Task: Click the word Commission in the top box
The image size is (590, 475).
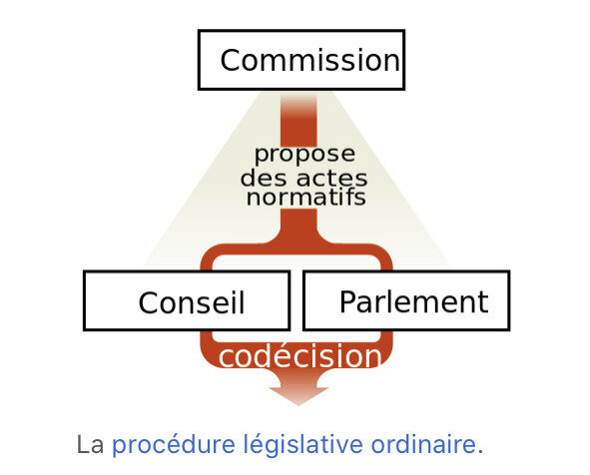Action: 309,60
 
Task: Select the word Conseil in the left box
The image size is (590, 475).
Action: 192,302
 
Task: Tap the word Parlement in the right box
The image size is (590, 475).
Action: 414,301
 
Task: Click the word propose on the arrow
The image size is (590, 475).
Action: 304,156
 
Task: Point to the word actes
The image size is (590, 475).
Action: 331,179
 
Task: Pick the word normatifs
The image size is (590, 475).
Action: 305,197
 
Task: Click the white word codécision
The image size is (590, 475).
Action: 299,355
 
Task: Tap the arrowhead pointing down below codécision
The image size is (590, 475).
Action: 298,395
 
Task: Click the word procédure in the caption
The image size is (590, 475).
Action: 174,445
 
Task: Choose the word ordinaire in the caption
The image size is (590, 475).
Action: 423,444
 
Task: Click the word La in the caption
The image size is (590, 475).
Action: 90,444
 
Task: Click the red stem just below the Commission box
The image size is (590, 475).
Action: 298,119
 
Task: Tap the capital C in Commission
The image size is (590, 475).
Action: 231,60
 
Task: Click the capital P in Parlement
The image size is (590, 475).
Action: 347,301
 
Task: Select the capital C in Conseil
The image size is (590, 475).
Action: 149,302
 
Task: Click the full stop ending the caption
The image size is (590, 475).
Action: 480,452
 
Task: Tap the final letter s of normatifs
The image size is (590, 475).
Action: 360,199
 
